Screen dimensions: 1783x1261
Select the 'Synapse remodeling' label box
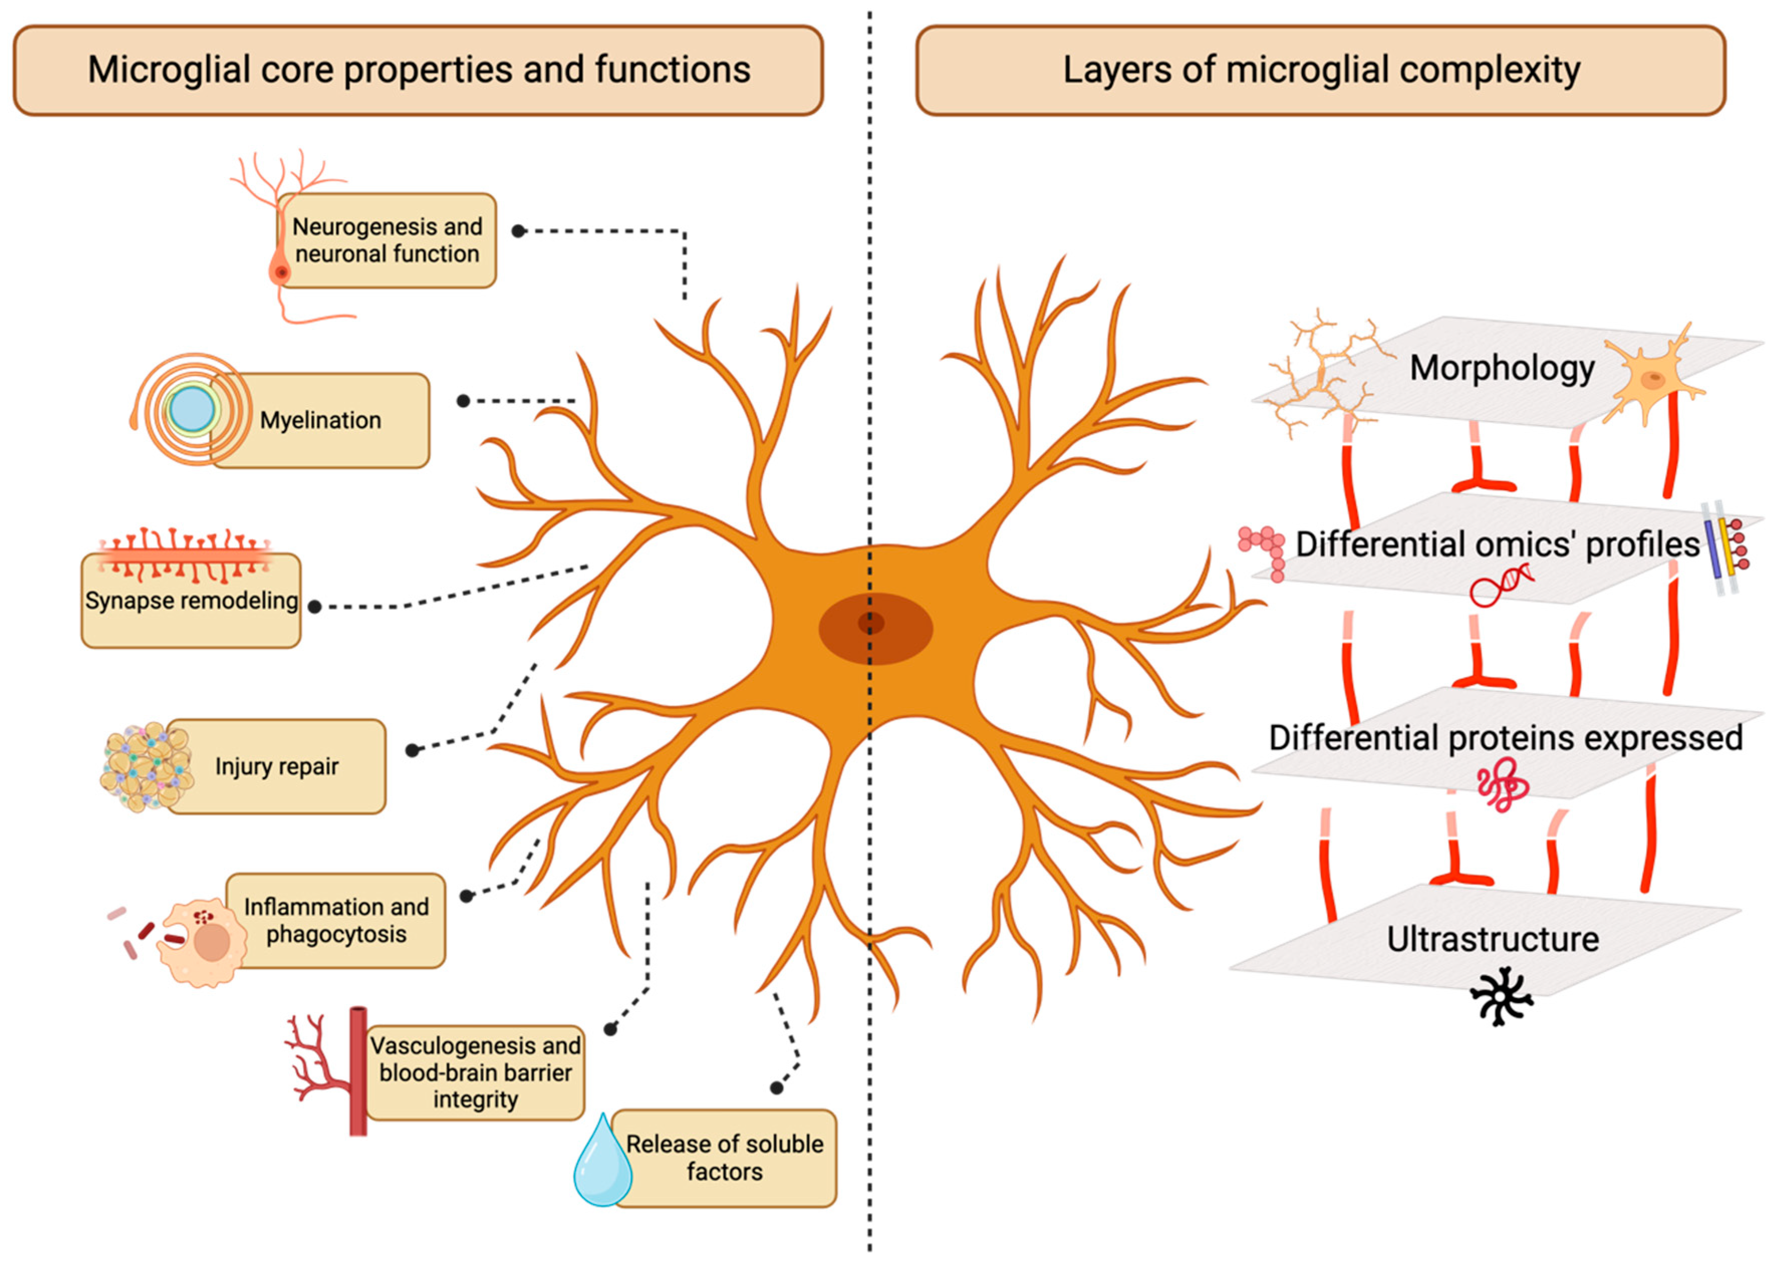[x=191, y=600]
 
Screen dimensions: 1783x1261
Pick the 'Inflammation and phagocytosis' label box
[x=336, y=920]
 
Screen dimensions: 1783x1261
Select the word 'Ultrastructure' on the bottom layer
[x=1492, y=939]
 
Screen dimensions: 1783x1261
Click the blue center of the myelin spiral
[x=192, y=408]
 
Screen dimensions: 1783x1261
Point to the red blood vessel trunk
[x=358, y=1071]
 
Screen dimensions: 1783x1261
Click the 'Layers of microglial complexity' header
[x=1321, y=70]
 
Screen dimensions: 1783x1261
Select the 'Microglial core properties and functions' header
[x=419, y=70]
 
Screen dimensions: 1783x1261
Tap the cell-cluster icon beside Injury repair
[x=147, y=767]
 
